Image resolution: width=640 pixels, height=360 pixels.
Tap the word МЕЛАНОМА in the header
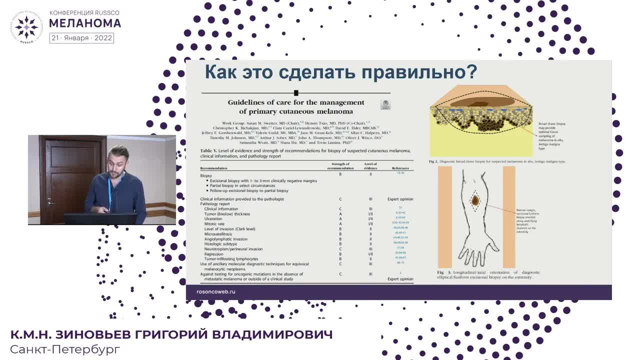pyautogui.click(x=85, y=23)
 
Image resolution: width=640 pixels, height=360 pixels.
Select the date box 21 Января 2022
pyautogui.click(x=81, y=38)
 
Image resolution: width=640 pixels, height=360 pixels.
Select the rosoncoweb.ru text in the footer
pyautogui.click(x=216, y=291)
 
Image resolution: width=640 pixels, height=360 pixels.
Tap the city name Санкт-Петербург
pyautogui.click(x=65, y=349)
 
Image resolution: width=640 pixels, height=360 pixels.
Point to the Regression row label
pyautogui.click(x=213, y=254)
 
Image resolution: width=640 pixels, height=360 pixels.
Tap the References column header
pyautogui.click(x=400, y=168)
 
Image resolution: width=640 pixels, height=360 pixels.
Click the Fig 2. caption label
pyautogui.click(x=433, y=162)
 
